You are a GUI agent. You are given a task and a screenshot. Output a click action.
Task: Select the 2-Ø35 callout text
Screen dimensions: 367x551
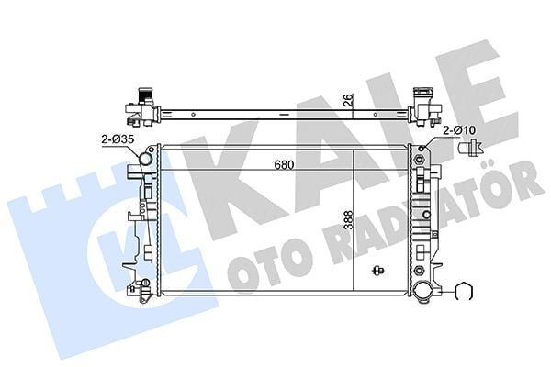point(116,139)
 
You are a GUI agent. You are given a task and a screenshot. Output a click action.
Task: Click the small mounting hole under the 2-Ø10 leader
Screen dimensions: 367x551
point(423,149)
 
